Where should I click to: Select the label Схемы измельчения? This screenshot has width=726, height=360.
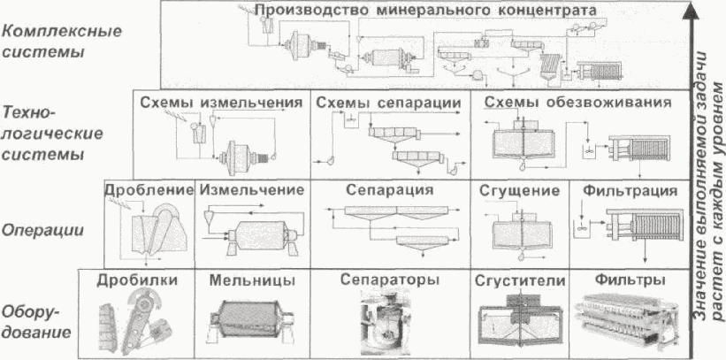216,103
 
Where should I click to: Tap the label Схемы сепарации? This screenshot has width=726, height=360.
388,103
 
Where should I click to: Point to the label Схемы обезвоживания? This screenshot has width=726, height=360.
573,103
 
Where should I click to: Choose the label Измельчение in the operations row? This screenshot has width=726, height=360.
252,190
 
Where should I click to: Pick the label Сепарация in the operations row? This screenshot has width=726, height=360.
389,190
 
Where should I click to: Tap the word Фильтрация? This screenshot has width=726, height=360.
630,190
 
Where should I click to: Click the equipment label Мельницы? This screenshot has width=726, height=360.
246,280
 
